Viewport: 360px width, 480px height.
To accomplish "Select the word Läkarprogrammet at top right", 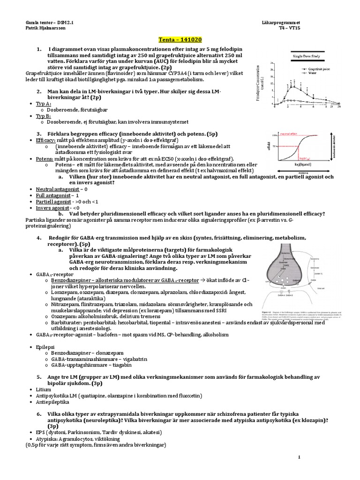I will [281, 22].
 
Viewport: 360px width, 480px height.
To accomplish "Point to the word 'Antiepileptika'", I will [52, 403].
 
